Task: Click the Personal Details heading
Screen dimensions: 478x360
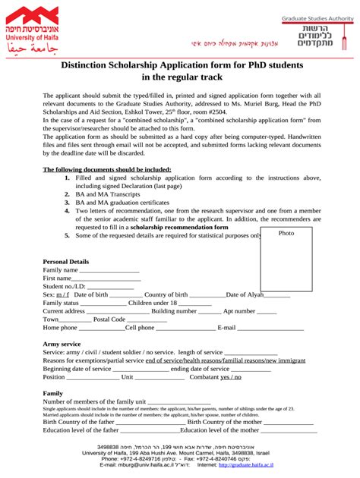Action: [66, 261]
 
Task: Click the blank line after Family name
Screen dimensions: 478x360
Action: [109, 271]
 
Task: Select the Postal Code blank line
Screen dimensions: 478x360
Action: [146, 320]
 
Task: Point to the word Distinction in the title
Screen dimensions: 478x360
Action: [91, 65]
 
